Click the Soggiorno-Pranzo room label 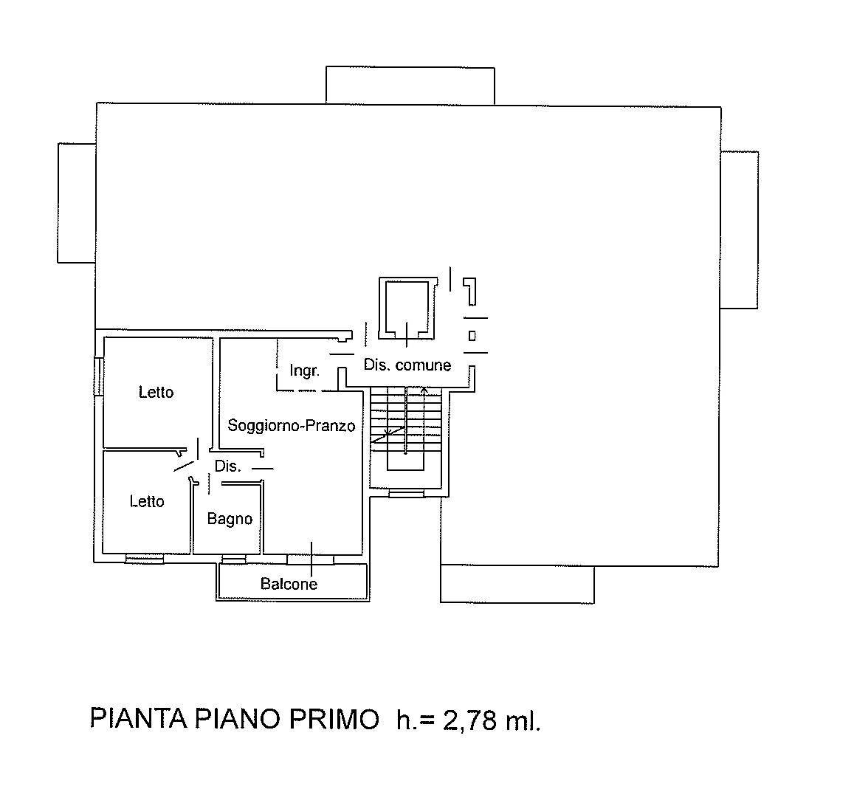(292, 425)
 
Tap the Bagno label (230, 519)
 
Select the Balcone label (289, 584)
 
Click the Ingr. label (304, 371)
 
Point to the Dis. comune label (407, 365)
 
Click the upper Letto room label (156, 392)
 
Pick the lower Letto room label (147, 501)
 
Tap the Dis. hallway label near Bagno (227, 466)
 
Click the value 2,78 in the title (470, 720)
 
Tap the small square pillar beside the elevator (472, 336)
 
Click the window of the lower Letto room (145, 558)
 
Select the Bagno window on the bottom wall (234, 559)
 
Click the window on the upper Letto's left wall (99, 376)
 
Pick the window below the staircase (407, 494)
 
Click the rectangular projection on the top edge (410, 85)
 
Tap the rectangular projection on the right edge (740, 230)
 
